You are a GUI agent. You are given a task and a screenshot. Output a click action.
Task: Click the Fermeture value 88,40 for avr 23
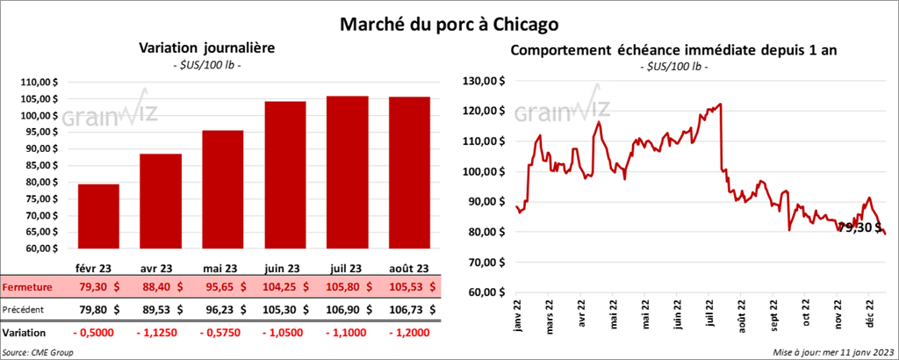161,286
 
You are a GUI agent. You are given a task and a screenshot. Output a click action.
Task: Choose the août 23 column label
410,268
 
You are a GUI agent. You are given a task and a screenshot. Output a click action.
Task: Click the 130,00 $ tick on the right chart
484,81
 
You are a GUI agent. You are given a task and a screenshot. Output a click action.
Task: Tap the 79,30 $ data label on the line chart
859,227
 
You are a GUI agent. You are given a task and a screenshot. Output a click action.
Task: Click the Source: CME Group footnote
39,352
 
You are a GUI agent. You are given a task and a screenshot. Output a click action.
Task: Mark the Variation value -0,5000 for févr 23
98,334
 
